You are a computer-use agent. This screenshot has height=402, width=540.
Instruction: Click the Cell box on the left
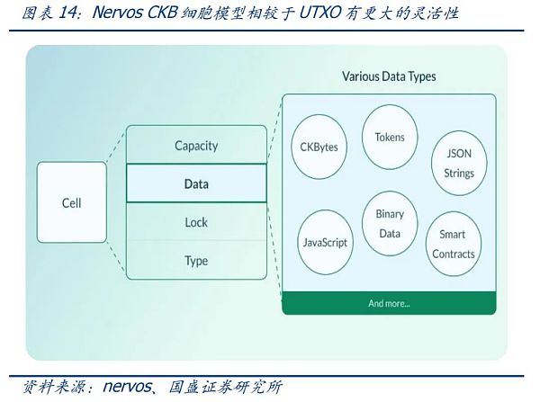[x=71, y=202]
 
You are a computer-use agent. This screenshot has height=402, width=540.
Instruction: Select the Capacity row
[x=196, y=145]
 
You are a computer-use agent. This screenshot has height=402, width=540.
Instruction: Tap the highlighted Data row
[x=196, y=183]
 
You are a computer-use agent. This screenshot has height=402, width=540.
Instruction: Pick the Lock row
[x=196, y=222]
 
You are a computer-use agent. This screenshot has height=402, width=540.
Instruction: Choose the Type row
[x=196, y=261]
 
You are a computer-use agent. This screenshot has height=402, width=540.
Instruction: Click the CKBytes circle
[x=319, y=146]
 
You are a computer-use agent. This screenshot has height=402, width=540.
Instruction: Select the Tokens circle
[x=390, y=138]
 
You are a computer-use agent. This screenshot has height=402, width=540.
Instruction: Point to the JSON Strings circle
[x=458, y=164]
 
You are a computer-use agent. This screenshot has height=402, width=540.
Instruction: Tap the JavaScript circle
[x=325, y=243]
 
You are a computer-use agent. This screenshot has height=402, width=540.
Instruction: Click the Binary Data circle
[x=390, y=224]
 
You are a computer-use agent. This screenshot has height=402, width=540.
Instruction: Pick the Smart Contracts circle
[x=453, y=244]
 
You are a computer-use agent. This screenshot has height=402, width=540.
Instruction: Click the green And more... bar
[x=389, y=303]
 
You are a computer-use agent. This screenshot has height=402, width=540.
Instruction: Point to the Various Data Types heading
[x=389, y=76]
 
